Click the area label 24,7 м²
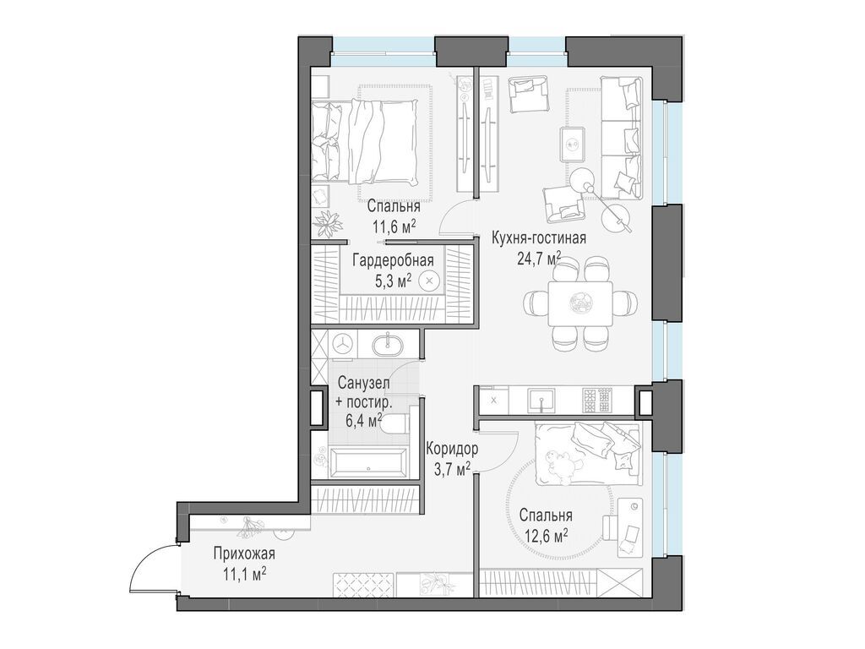[x=539, y=259]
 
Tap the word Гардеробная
[x=394, y=260]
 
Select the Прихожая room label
[x=244, y=554]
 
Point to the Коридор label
[x=453, y=449]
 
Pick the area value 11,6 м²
[x=394, y=226]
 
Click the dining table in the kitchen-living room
[x=580, y=303]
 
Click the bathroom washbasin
[x=387, y=345]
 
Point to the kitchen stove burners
[x=597, y=400]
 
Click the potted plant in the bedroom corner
[x=329, y=224]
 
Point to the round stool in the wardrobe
[x=429, y=281]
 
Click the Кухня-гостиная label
[x=538, y=238]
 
